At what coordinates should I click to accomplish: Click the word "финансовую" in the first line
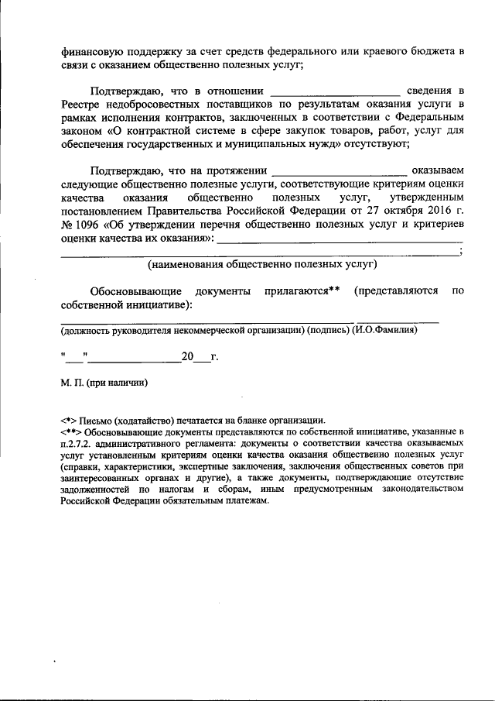pyautogui.click(x=91, y=51)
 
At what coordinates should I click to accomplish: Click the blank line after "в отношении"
pyautogui.click(x=336, y=92)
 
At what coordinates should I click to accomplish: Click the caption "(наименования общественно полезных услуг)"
pyautogui.click(x=262, y=264)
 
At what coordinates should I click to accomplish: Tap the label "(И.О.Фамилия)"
pyautogui.click(x=384, y=331)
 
